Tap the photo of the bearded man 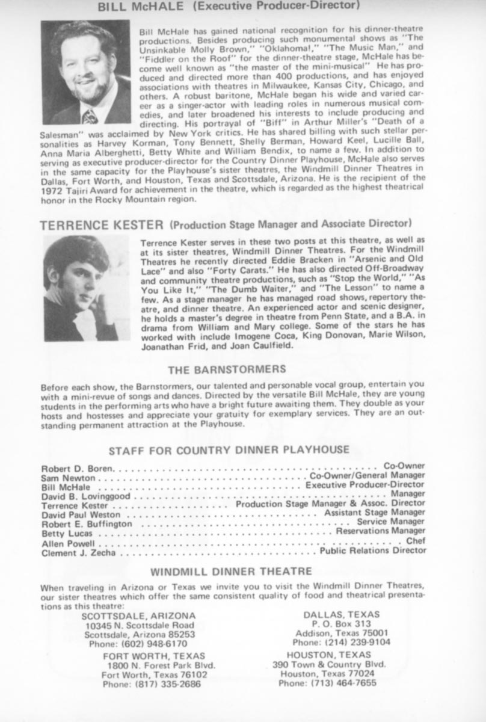[x=85, y=72]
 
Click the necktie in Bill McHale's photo [x=90, y=116]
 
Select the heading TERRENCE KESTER [x=102, y=226]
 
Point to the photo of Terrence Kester [x=86, y=288]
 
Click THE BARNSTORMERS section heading [x=227, y=369]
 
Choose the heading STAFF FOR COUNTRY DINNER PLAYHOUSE [x=229, y=450]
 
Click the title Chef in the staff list [x=416, y=541]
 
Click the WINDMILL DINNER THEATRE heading [x=231, y=571]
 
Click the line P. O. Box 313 [x=342, y=623]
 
